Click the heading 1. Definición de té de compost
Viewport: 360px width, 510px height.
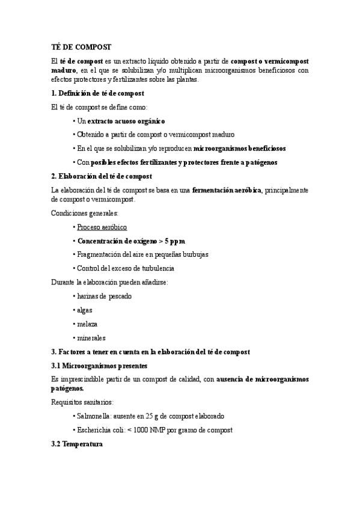[x=97, y=93]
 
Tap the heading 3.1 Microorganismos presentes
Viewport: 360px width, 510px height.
[x=99, y=366]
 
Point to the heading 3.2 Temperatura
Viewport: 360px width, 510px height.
[x=77, y=444]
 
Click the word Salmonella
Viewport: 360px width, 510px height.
[x=94, y=416]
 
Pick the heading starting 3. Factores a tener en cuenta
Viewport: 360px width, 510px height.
[x=150, y=352]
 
